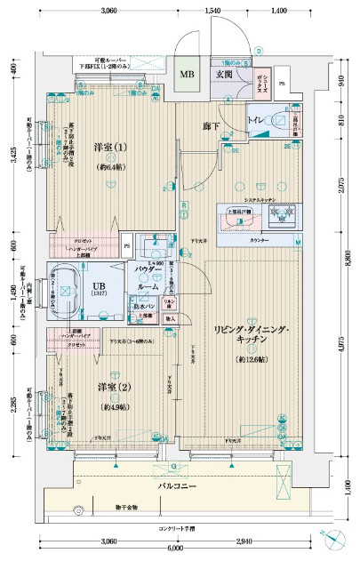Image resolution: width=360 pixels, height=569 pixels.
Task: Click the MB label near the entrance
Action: pos(188,75)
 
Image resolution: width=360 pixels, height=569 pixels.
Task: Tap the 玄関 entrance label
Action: pos(223,74)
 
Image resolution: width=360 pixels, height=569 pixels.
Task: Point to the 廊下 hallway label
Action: pos(211,127)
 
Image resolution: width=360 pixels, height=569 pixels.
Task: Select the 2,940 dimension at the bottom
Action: pos(246,541)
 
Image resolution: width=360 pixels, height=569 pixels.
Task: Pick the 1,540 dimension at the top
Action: pos(213,10)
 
